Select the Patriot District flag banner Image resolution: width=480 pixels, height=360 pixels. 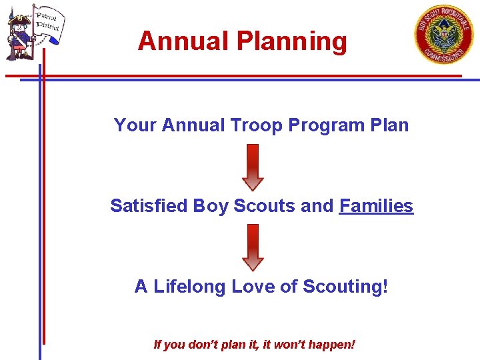pyautogui.click(x=47, y=22)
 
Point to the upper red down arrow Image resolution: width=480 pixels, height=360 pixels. pyautogui.click(x=253, y=167)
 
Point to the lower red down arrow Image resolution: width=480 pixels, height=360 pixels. pyautogui.click(x=253, y=247)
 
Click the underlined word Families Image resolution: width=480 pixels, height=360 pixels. pyautogui.click(x=376, y=206)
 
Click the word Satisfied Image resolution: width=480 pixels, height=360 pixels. pyautogui.click(x=149, y=206)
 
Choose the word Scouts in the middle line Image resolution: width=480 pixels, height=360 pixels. pyautogui.click(x=265, y=206)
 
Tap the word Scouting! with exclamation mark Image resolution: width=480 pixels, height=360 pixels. pyautogui.click(x=345, y=287)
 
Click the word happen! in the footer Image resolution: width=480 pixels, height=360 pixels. pyautogui.click(x=333, y=345)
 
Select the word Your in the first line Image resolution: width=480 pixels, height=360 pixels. pyautogui.click(x=135, y=125)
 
